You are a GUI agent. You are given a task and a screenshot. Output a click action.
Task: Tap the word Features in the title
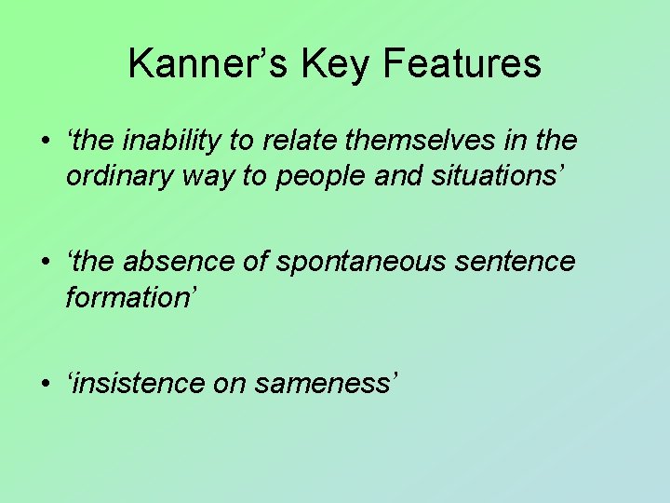tap(462, 63)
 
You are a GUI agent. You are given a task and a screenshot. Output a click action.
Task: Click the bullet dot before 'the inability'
tap(45, 142)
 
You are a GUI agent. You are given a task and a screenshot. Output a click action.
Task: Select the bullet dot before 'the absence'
tap(45, 263)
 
